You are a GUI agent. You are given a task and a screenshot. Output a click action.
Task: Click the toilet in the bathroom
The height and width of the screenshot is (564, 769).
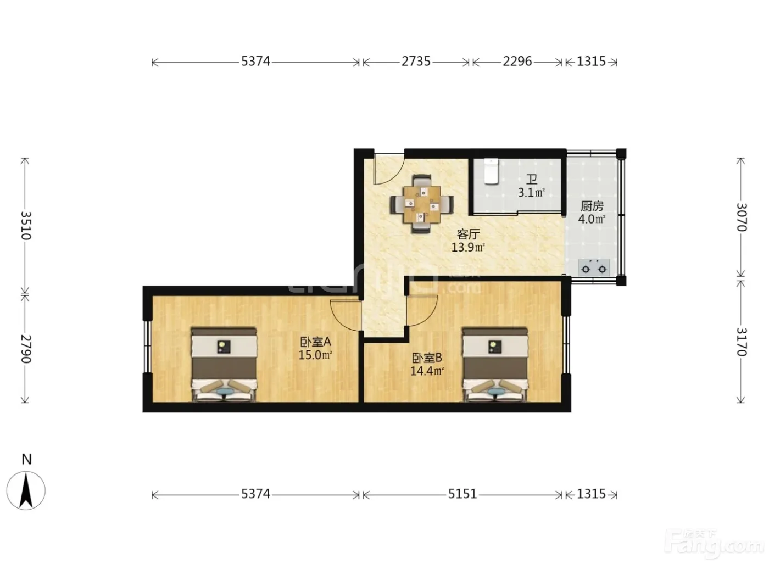click(491, 171)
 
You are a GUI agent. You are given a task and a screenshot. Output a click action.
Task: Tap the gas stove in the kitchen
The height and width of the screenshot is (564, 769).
click(594, 268)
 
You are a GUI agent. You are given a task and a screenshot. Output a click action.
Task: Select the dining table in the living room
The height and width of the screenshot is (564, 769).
click(422, 204)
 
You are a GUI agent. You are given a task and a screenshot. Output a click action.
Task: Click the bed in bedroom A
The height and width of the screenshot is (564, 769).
click(224, 365)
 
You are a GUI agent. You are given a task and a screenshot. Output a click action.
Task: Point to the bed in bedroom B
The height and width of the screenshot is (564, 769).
click(495, 365)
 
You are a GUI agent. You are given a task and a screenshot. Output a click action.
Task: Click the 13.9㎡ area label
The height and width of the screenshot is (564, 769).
click(468, 247)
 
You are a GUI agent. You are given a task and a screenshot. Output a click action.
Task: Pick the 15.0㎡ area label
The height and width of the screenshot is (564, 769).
click(315, 355)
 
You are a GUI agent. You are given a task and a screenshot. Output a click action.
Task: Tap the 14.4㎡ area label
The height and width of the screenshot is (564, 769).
click(427, 371)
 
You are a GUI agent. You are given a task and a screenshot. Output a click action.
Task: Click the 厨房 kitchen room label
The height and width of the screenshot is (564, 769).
click(592, 206)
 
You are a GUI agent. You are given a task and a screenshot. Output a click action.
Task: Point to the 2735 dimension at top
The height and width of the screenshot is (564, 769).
click(416, 62)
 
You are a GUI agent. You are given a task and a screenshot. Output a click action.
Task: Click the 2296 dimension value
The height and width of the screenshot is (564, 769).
click(517, 62)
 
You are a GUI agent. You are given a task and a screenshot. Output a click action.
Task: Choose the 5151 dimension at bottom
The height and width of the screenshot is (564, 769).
click(462, 494)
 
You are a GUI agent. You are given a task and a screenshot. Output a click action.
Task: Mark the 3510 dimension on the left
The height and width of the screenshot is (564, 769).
click(26, 226)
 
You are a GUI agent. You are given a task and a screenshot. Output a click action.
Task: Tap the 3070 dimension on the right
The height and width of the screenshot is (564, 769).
click(742, 217)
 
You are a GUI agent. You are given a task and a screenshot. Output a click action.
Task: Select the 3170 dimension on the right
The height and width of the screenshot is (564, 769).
click(742, 342)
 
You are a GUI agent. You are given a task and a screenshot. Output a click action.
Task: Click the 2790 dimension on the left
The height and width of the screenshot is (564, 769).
click(26, 349)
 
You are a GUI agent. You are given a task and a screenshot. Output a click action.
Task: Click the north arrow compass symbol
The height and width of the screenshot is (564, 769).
click(26, 490)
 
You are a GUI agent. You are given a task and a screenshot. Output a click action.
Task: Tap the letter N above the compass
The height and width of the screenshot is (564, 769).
click(26, 459)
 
